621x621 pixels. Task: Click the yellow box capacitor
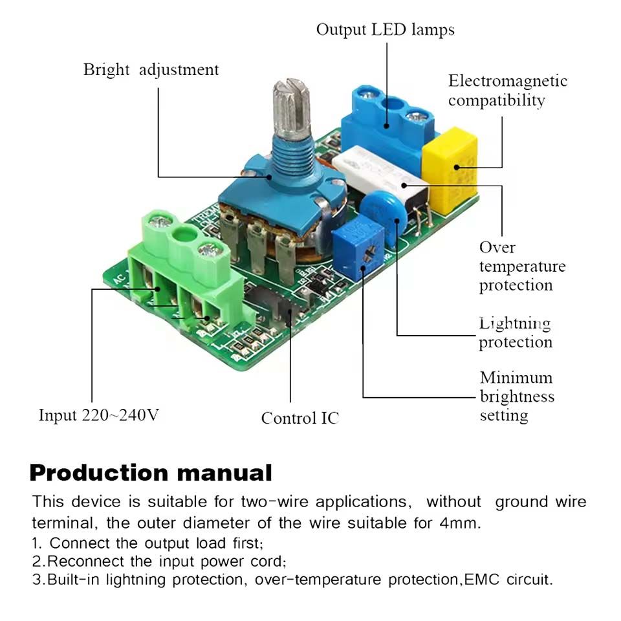click(x=449, y=171)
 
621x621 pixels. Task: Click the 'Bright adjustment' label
click(x=151, y=70)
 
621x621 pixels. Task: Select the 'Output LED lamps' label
click(x=385, y=30)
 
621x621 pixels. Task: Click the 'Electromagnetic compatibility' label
click(x=507, y=91)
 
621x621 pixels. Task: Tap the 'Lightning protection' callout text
click(x=515, y=332)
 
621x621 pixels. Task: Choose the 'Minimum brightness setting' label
click(x=516, y=396)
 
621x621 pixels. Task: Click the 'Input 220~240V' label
click(x=98, y=415)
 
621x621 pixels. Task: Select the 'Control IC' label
click(x=300, y=418)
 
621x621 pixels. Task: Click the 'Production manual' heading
click(x=151, y=473)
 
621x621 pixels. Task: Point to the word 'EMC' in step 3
click(x=481, y=579)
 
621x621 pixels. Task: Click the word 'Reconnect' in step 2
click(x=87, y=560)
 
